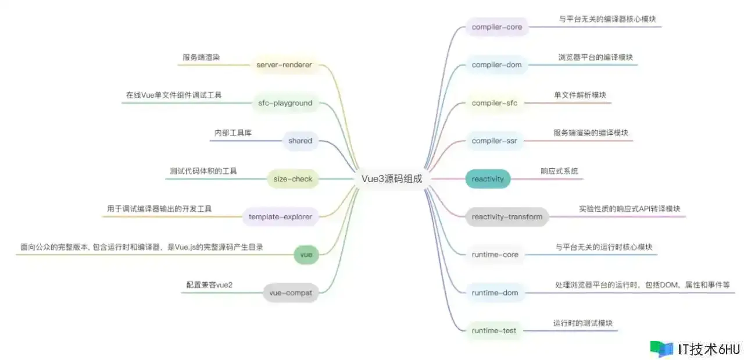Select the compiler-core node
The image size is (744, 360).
(x=497, y=27)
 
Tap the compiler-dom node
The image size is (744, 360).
(x=497, y=65)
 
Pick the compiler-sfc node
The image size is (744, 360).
(x=494, y=103)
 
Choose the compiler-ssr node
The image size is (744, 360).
(x=494, y=141)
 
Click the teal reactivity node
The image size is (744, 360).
(x=488, y=179)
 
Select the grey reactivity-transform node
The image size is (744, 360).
(x=507, y=217)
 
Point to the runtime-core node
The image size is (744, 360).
(x=495, y=255)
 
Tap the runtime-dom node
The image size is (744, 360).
(x=495, y=293)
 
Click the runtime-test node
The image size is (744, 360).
(x=493, y=330)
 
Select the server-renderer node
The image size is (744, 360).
(x=284, y=65)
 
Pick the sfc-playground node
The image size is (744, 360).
(x=285, y=103)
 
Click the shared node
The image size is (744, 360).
(x=300, y=141)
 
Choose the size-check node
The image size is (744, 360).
(x=293, y=179)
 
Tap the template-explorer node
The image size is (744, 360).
(x=280, y=217)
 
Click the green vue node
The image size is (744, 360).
(x=306, y=255)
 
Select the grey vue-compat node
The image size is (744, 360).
(x=291, y=293)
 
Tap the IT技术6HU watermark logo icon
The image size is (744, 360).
(x=661, y=349)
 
